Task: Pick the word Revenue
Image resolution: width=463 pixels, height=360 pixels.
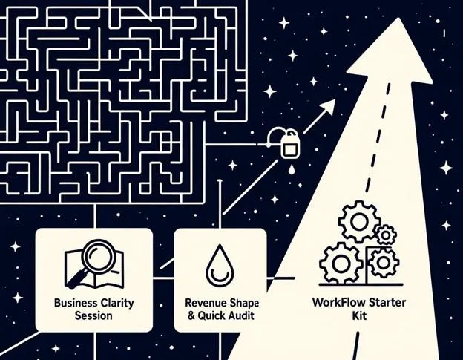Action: [204, 303]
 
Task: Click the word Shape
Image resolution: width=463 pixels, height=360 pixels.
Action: [244, 303]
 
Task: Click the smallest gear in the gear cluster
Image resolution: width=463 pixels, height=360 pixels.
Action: [386, 236]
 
